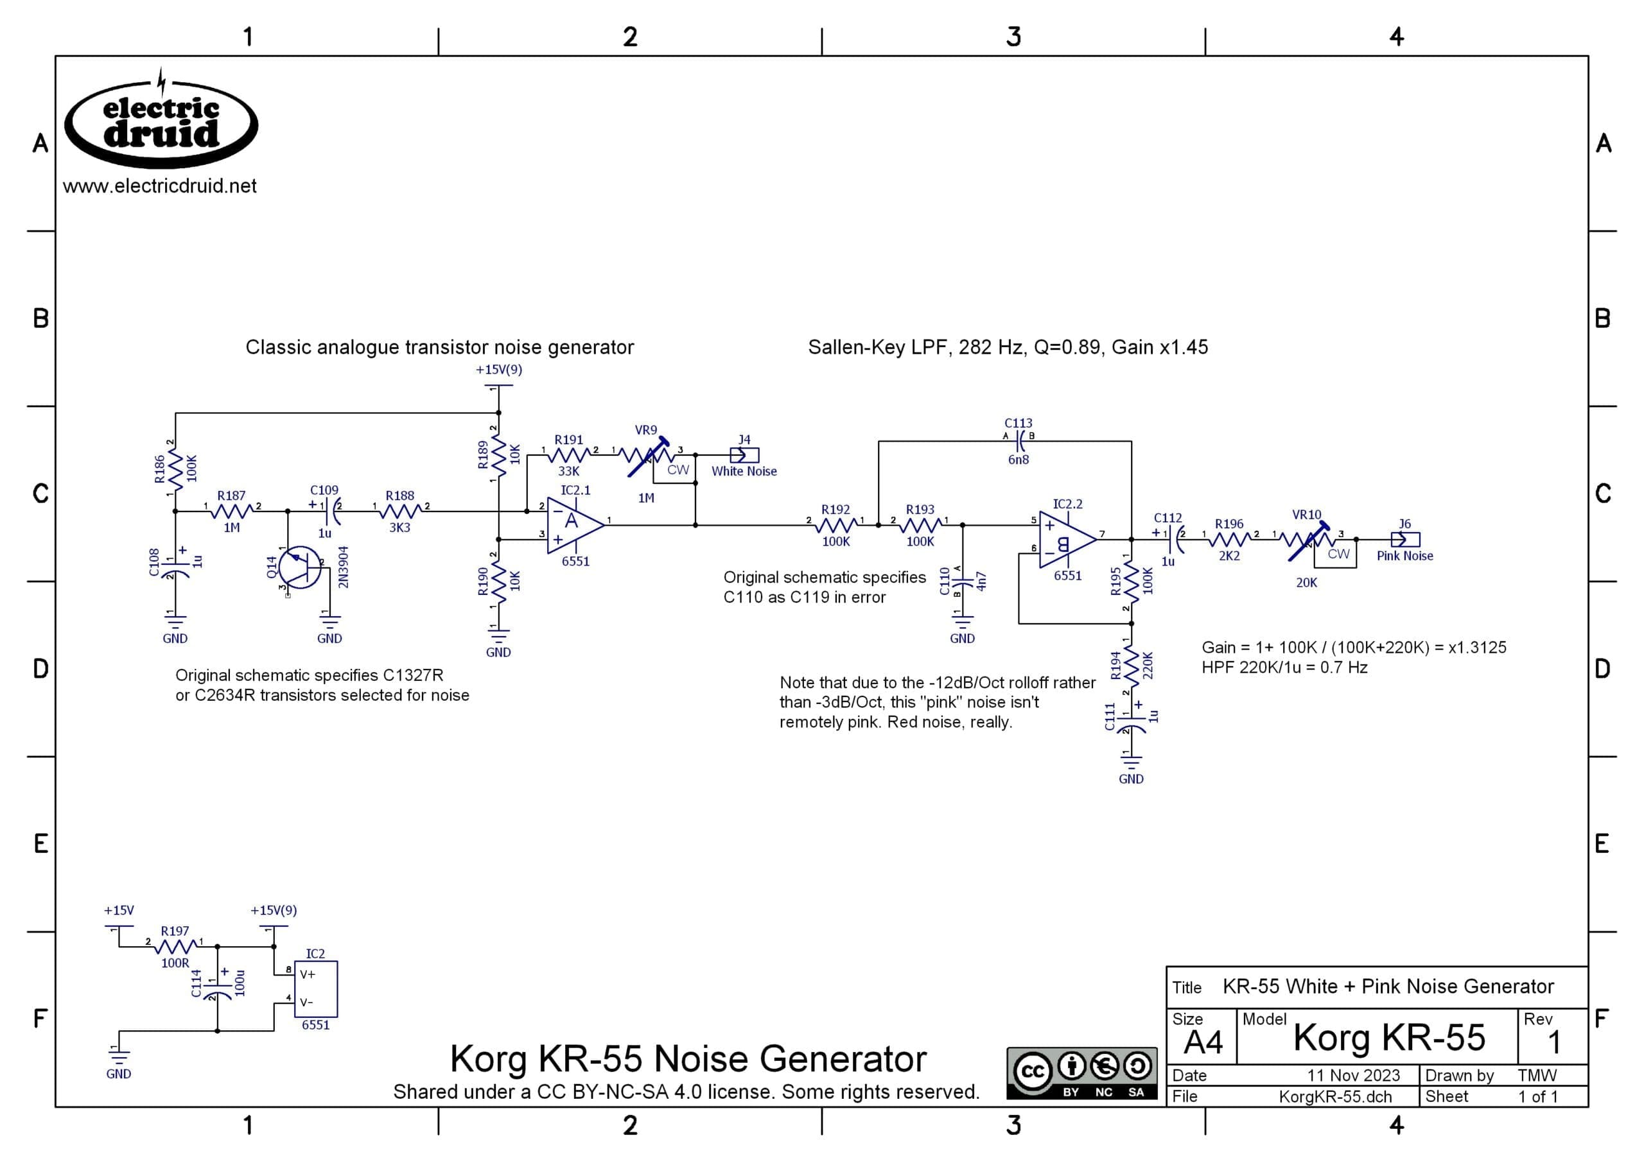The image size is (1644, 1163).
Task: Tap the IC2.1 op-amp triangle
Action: [575, 525]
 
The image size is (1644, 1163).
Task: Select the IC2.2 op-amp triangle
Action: [1067, 539]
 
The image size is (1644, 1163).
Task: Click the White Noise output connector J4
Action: [744, 455]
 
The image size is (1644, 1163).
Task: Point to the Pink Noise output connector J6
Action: [1404, 539]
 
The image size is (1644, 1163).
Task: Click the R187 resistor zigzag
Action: [231, 512]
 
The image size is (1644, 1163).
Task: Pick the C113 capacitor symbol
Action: [1019, 441]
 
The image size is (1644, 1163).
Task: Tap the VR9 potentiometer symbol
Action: [647, 456]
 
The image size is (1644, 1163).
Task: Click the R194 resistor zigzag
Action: [1131, 666]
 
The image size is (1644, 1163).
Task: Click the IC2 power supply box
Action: [316, 988]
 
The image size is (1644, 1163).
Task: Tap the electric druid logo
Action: [161, 122]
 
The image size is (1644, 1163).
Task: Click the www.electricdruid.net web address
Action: [160, 186]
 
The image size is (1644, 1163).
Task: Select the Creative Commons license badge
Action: [1081, 1073]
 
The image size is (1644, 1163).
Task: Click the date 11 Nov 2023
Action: [1353, 1075]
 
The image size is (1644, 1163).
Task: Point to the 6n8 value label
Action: [1018, 460]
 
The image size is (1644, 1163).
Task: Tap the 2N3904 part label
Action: [343, 567]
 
